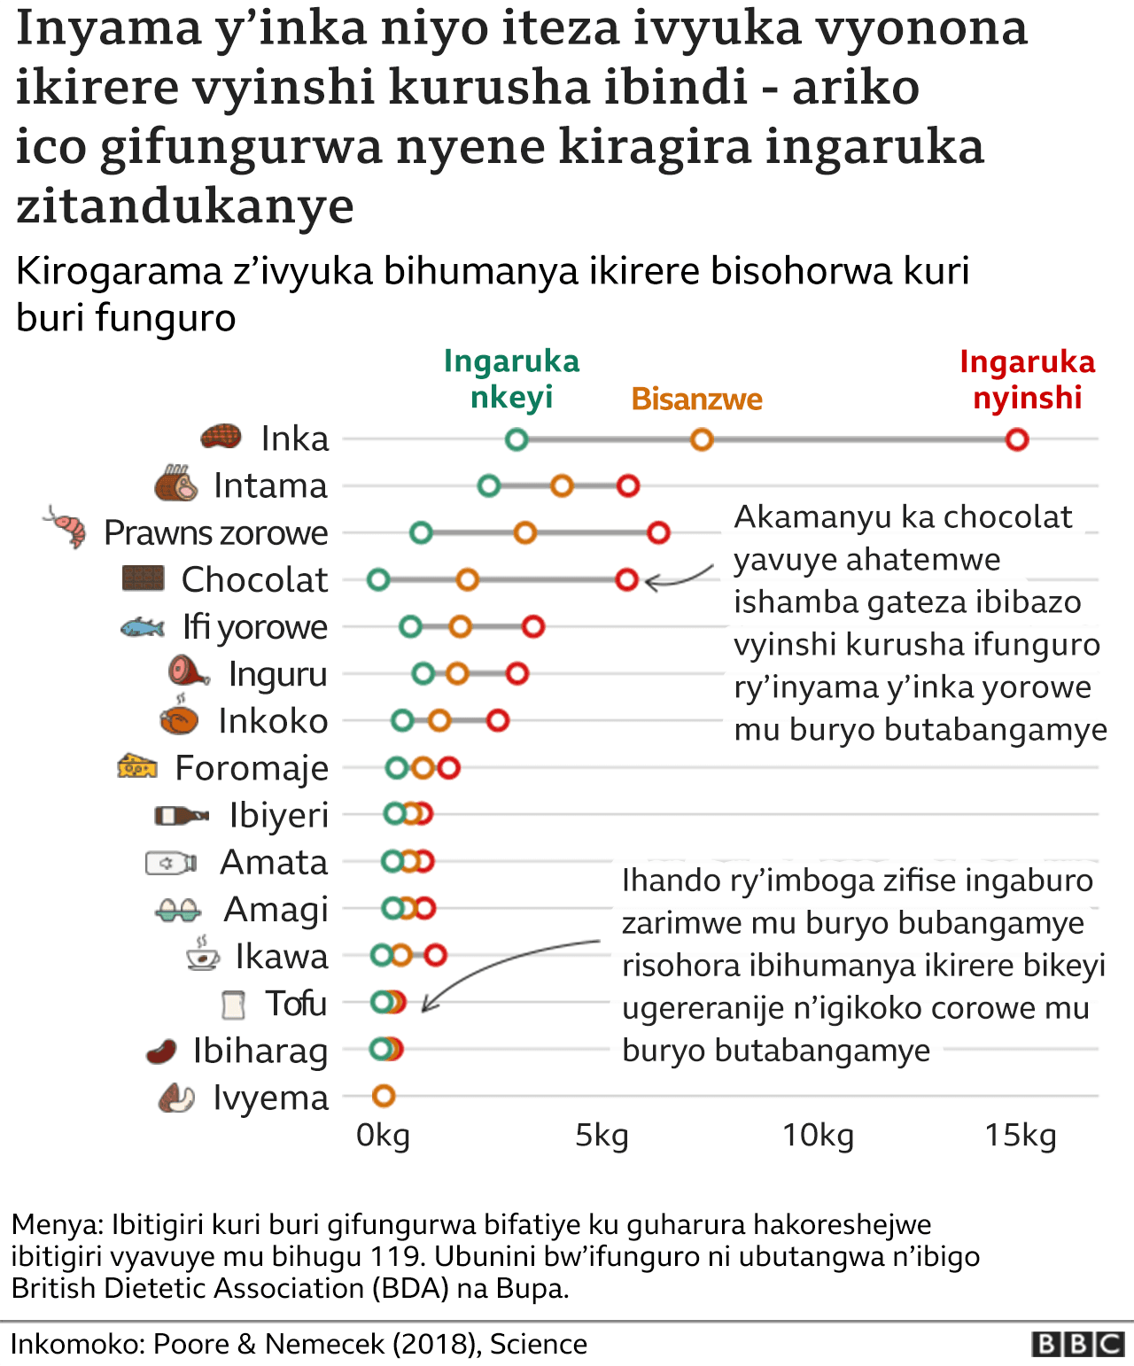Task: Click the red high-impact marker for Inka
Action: pyautogui.click(x=1016, y=439)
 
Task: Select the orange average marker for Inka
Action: pyautogui.click(x=702, y=439)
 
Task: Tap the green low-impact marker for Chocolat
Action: pyautogui.click(x=378, y=580)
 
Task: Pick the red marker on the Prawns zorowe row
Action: pyautogui.click(x=658, y=532)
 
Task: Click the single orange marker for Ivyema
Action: pyautogui.click(x=383, y=1097)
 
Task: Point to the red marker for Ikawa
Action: pyautogui.click(x=435, y=955)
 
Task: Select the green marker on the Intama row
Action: pyautogui.click(x=488, y=485)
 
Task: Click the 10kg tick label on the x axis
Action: pyautogui.click(x=818, y=1135)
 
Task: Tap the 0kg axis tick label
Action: pyautogui.click(x=383, y=1135)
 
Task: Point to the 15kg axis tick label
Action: pyautogui.click(x=1021, y=1135)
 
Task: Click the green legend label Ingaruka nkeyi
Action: pyautogui.click(x=511, y=379)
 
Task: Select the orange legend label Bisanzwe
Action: pyautogui.click(x=696, y=400)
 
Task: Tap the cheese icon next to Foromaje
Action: pyautogui.click(x=137, y=766)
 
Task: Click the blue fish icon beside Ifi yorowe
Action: pyautogui.click(x=142, y=627)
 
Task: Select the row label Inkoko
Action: pyautogui.click(x=273, y=721)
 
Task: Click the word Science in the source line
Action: pyautogui.click(x=538, y=1344)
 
